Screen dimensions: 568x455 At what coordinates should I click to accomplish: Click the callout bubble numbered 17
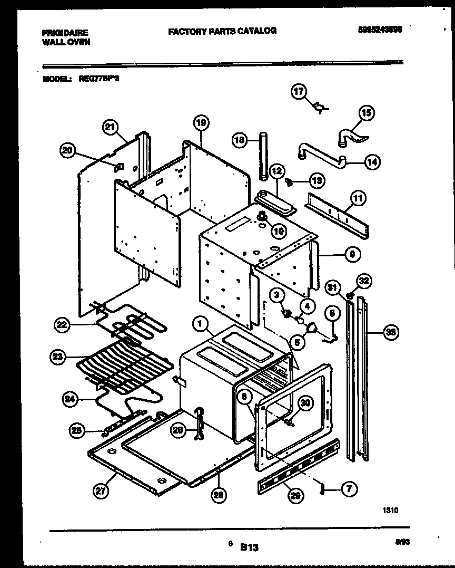click(x=299, y=92)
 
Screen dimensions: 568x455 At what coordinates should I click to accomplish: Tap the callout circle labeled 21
click(x=110, y=126)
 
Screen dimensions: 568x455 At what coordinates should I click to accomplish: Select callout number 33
click(x=390, y=332)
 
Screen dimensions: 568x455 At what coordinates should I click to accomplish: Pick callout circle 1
click(x=200, y=325)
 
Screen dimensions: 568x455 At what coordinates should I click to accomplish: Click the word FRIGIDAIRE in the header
click(x=65, y=33)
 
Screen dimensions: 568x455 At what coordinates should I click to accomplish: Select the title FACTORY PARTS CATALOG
click(x=222, y=31)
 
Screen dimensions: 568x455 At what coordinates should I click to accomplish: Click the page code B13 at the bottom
click(x=250, y=548)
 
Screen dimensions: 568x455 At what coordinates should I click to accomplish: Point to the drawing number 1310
click(x=390, y=510)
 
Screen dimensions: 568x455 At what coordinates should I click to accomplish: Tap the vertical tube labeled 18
click(x=263, y=158)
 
